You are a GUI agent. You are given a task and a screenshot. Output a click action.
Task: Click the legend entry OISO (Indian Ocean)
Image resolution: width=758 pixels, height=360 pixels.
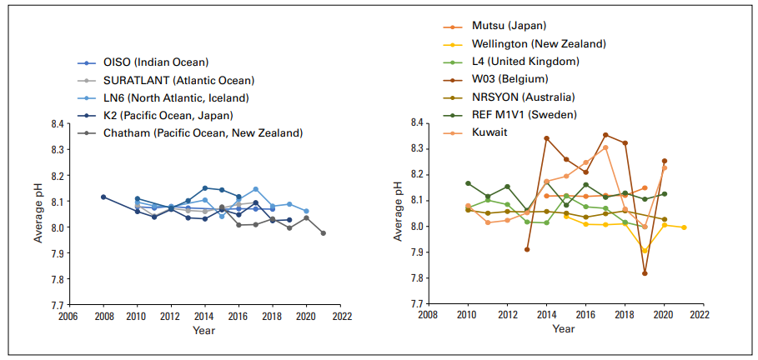tap(155, 62)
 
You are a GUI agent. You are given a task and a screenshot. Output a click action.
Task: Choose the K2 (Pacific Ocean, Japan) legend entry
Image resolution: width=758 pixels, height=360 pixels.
tap(168, 115)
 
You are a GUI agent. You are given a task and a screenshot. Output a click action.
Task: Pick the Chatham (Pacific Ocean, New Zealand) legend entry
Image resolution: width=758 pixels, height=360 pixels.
tap(203, 132)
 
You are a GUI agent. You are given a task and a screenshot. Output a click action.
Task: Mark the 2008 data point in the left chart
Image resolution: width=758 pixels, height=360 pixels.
tap(103, 197)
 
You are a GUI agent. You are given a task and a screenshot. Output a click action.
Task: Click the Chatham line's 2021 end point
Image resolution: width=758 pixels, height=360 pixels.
tap(324, 233)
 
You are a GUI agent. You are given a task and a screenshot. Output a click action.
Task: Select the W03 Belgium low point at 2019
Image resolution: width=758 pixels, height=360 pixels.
tap(645, 273)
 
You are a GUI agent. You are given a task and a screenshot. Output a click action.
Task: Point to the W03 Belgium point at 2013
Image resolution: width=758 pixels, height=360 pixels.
tap(527, 249)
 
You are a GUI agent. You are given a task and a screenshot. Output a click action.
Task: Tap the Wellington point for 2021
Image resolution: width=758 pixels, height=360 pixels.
tap(684, 227)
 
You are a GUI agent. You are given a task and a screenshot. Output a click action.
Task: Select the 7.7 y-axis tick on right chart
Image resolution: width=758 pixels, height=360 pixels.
tap(415, 304)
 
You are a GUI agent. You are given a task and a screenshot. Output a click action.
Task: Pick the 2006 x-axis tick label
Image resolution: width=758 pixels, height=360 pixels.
tap(68, 317)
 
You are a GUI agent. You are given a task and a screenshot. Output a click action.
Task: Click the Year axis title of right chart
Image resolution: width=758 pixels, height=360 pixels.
tap(563, 330)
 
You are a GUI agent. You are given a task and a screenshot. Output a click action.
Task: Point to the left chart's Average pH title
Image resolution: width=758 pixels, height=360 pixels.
tap(38, 214)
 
